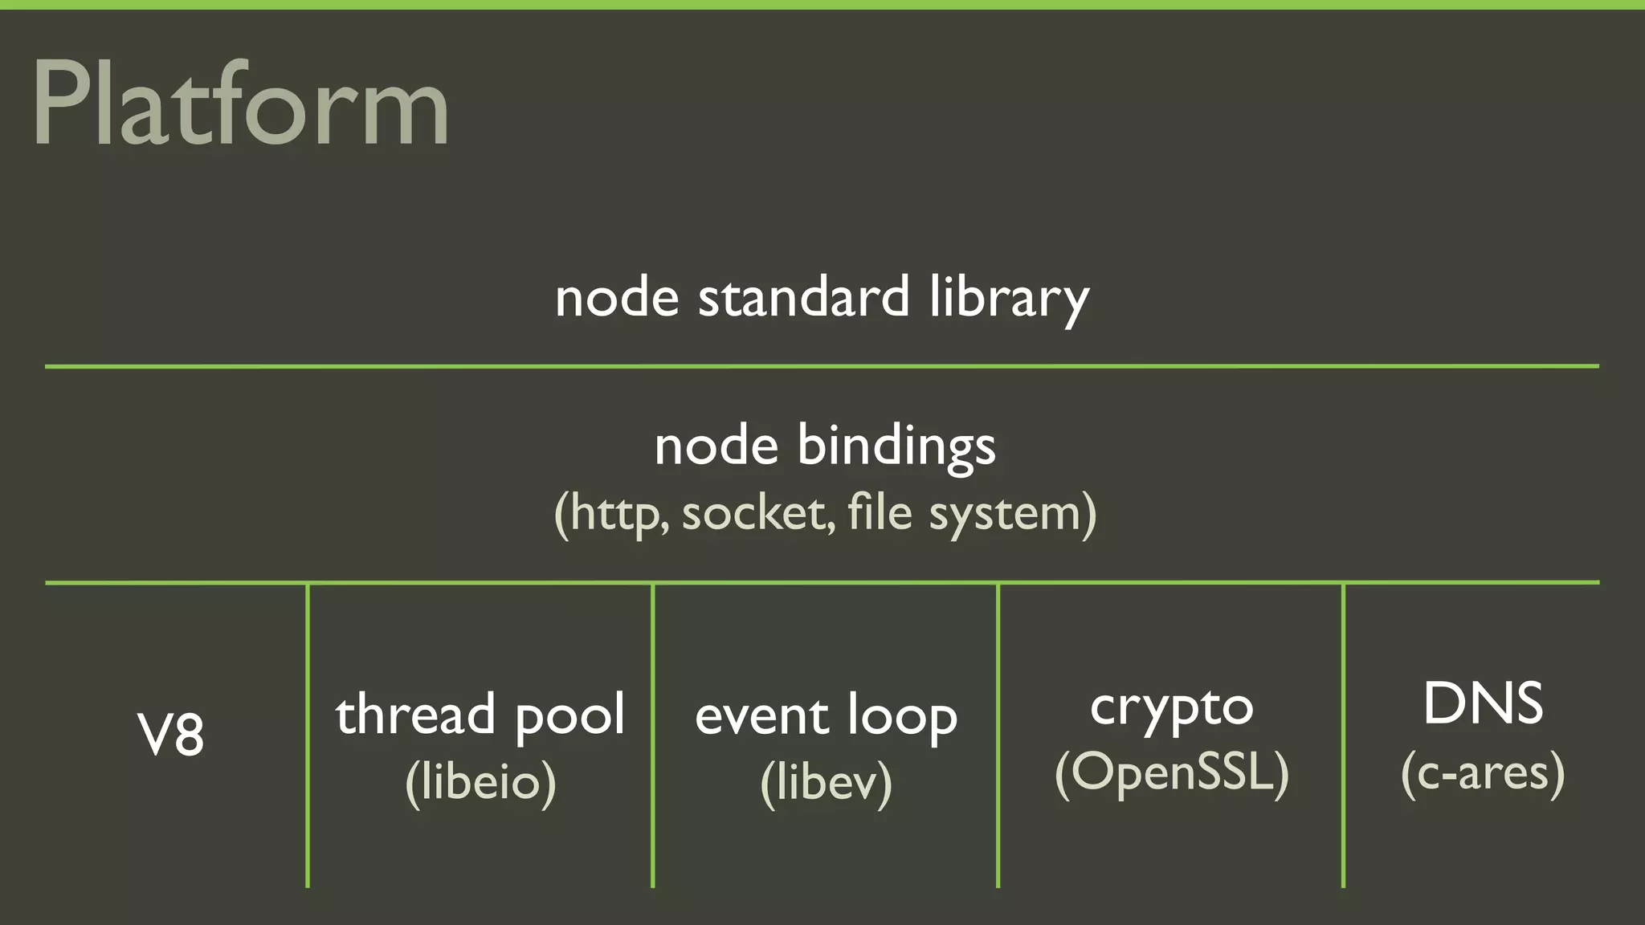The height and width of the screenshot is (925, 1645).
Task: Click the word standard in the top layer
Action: pyautogui.click(x=803, y=297)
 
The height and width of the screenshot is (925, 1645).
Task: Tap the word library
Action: pyautogui.click(x=1009, y=299)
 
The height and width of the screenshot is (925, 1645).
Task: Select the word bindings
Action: pyautogui.click(x=896, y=446)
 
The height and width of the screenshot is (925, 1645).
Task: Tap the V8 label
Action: pyautogui.click(x=171, y=734)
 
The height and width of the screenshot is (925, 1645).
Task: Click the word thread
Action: pyautogui.click(x=415, y=715)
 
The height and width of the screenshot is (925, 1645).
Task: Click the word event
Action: pyautogui.click(x=761, y=716)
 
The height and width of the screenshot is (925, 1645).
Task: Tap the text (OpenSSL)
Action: pyautogui.click(x=1171, y=772)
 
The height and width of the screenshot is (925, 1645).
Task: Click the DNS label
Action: pyautogui.click(x=1483, y=704)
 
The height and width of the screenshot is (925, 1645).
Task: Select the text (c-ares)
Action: pyautogui.click(x=1483, y=772)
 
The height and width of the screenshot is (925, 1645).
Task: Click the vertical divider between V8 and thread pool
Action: pyautogui.click(x=308, y=735)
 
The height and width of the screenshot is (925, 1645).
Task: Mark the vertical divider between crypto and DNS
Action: pyautogui.click(x=1343, y=735)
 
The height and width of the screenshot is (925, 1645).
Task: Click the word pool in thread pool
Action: pyautogui.click(x=569, y=716)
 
